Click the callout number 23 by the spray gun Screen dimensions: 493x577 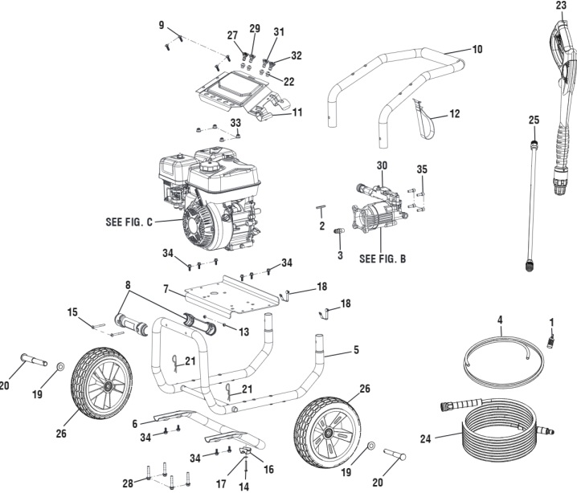click(560, 5)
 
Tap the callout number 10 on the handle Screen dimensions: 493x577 click(477, 49)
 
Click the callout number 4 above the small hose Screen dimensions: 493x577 click(499, 320)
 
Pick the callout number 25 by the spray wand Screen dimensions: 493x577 click(533, 120)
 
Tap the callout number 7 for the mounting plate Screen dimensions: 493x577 click(165, 287)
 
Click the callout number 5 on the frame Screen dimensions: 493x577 click(354, 350)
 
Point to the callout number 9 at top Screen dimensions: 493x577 click(162, 25)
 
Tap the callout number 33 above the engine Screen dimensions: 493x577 click(235, 122)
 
